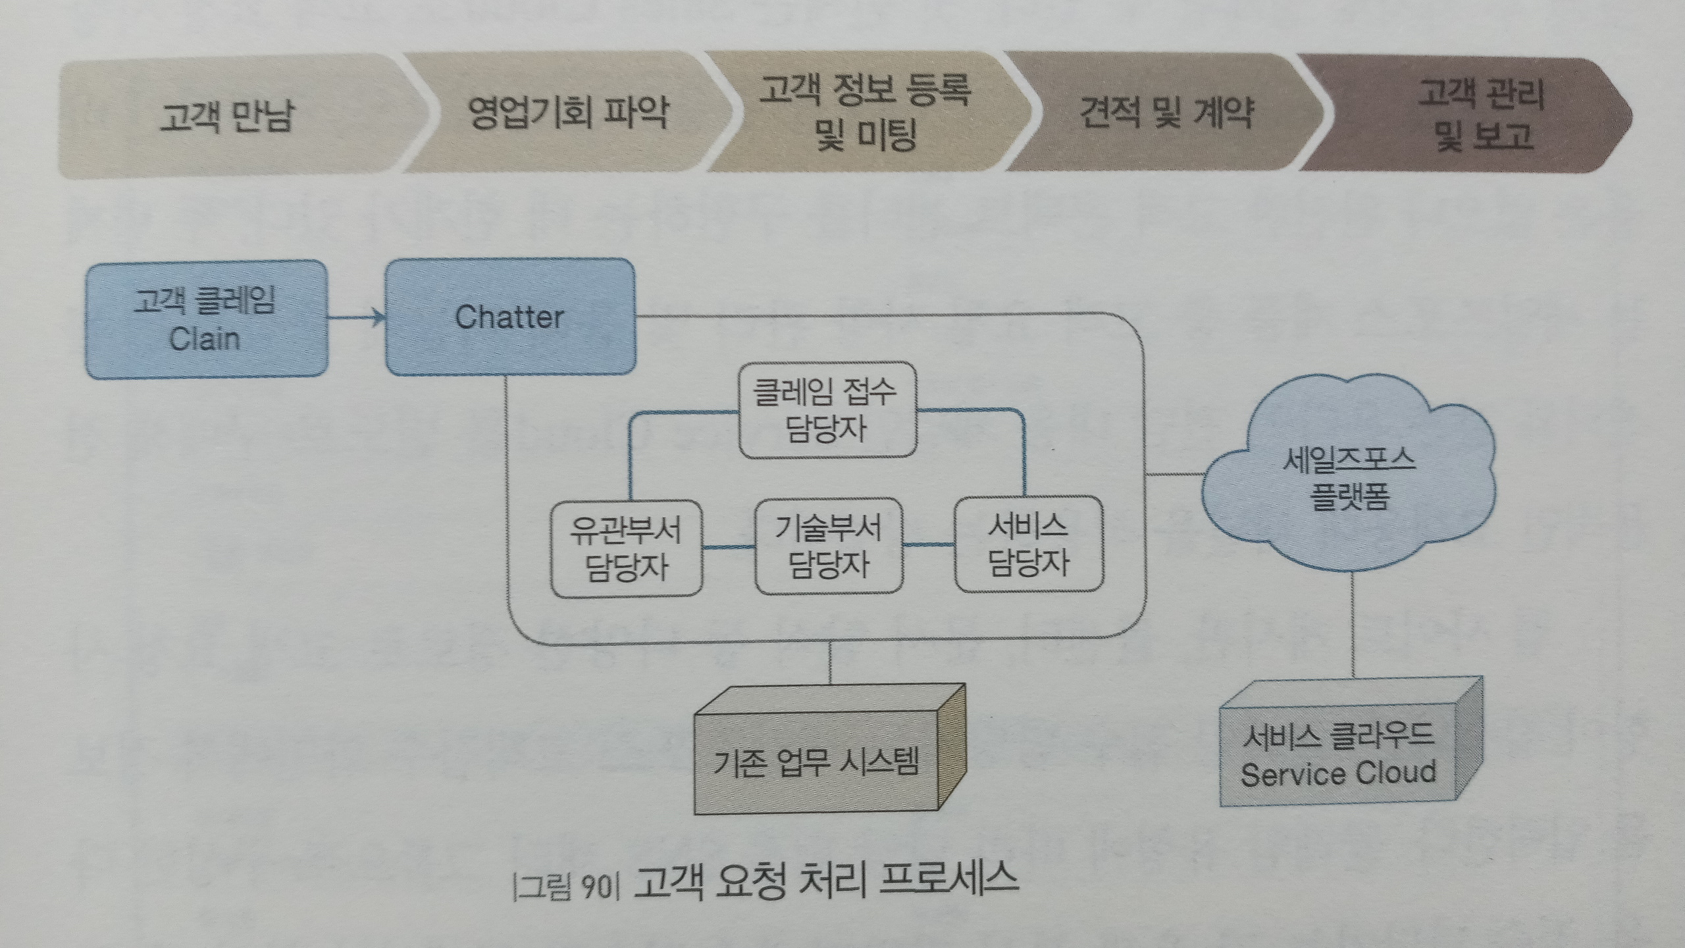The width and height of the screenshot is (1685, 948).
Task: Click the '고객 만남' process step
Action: [227, 117]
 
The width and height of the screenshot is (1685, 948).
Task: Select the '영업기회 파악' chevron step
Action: [567, 113]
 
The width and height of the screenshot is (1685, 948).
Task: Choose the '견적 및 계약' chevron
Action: [1165, 113]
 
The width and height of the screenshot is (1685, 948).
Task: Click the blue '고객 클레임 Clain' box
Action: [206, 320]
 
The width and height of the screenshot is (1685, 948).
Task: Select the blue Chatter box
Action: [510, 317]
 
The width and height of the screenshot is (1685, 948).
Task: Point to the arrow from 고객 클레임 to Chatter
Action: [356, 319]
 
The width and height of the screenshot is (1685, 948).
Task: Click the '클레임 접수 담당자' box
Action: [827, 409]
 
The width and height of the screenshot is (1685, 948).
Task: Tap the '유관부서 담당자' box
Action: [626, 548]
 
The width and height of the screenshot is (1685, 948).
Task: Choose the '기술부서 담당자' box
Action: [828, 546]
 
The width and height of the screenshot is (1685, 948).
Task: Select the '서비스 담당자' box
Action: [1028, 544]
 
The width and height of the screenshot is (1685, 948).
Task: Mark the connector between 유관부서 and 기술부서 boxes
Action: [729, 547]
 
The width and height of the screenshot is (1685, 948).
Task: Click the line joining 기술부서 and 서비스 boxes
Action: [928, 545]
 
